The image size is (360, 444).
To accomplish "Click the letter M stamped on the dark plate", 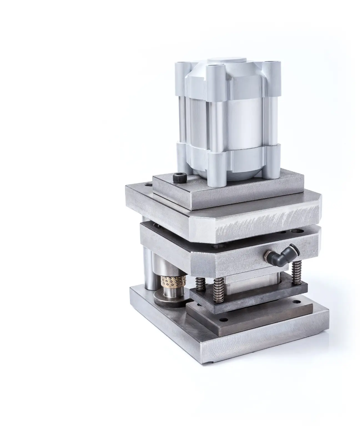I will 261,299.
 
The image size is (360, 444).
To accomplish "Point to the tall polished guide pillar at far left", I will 148,268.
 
